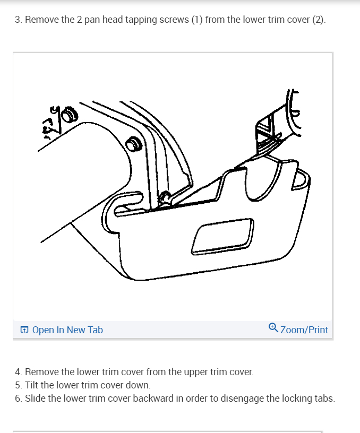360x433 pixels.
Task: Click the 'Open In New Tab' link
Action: click(x=67, y=330)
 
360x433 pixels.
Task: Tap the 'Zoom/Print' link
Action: click(x=304, y=330)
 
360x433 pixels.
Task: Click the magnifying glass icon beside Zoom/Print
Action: click(x=273, y=328)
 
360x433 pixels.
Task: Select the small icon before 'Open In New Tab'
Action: click(x=24, y=330)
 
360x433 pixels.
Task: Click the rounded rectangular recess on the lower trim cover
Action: click(x=222, y=236)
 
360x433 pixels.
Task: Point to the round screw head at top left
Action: click(x=70, y=115)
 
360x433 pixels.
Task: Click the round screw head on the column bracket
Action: click(x=134, y=144)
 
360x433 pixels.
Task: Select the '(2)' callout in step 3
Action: click(x=319, y=20)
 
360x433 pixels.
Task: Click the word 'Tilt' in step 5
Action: click(x=31, y=385)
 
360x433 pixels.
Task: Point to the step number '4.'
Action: click(x=19, y=371)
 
